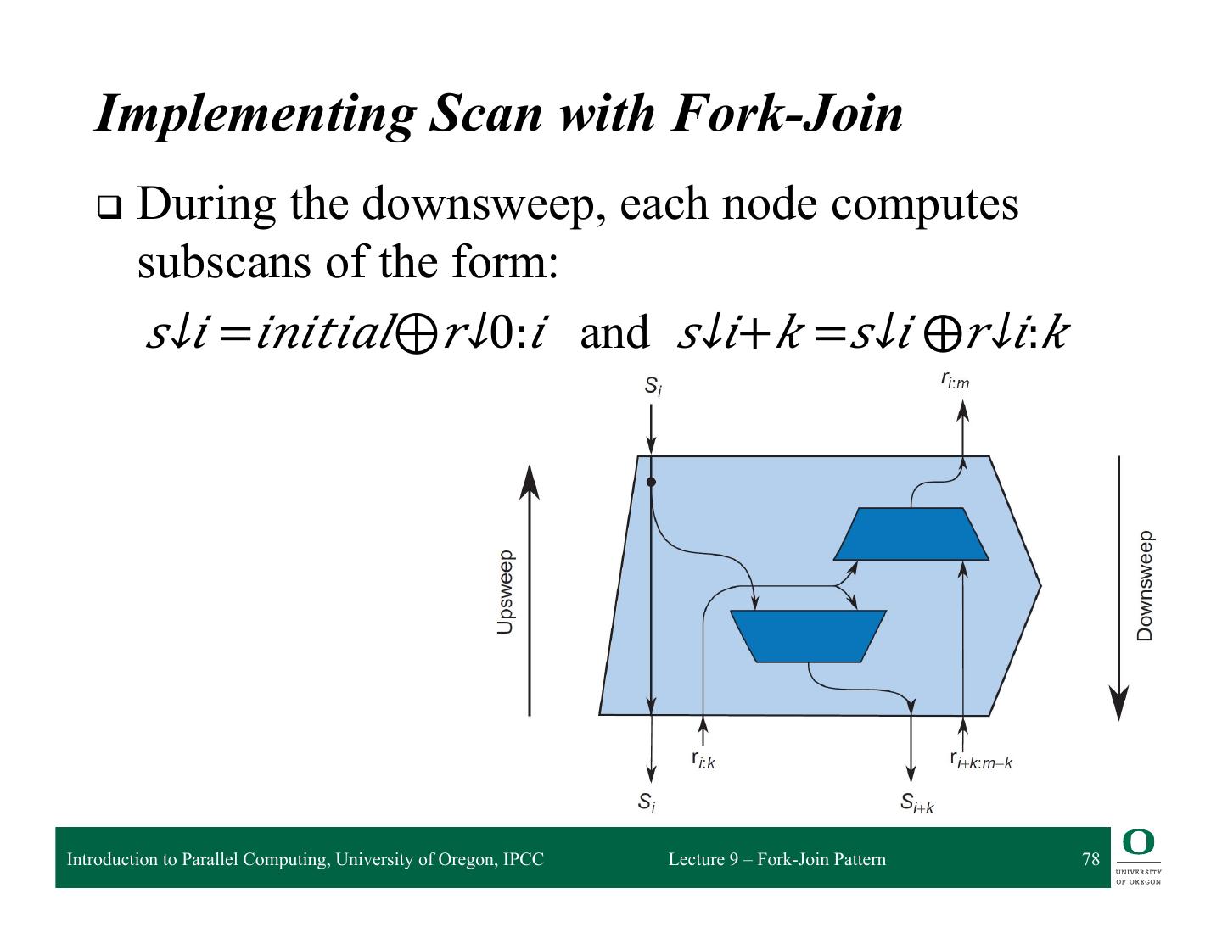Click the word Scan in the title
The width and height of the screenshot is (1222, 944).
coord(485,113)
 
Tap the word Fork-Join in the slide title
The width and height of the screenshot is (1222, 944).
coord(786,113)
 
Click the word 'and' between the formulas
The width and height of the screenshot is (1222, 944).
coord(614,333)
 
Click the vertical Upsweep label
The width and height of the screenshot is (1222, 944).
coord(505,592)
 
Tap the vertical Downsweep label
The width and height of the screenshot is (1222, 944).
coord(1145,586)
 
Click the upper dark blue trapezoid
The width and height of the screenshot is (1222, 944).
coord(911,534)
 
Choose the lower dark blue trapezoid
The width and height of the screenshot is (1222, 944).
coord(808,635)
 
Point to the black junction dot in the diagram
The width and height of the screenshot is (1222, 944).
coord(651,482)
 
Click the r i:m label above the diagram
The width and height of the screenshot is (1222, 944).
coord(956,381)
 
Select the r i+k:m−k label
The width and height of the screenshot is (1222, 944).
coord(981,760)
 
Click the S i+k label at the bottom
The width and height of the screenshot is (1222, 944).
coord(917,802)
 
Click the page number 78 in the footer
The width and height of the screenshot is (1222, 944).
coord(1090,859)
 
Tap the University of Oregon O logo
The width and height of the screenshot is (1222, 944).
coord(1138,843)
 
